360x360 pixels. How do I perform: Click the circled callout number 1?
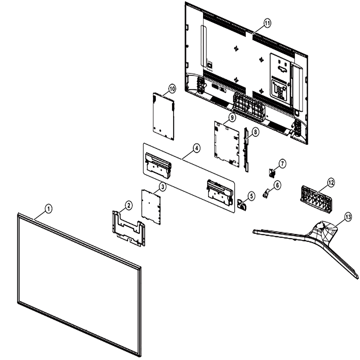pos(49,209)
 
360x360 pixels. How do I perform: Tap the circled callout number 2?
pos(129,205)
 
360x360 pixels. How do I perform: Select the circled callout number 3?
pos(163,186)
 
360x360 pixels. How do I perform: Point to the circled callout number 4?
pos(196,148)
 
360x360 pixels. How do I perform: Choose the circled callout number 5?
pos(251,196)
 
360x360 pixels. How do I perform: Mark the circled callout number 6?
pos(277,185)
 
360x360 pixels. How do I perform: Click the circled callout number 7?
pos(282,164)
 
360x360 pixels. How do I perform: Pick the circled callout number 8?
pos(255,132)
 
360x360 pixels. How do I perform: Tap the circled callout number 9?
pos(232,117)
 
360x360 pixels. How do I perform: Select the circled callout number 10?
pos(172,89)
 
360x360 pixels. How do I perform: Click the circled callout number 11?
pos(267,23)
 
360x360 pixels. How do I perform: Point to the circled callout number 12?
pos(331,183)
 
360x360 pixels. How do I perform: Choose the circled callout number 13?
pos(348,217)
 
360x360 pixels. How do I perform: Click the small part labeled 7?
pos(272,173)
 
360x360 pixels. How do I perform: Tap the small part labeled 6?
pos(266,193)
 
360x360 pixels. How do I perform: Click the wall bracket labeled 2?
pos(129,228)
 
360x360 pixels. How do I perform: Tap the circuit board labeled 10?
pos(163,116)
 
